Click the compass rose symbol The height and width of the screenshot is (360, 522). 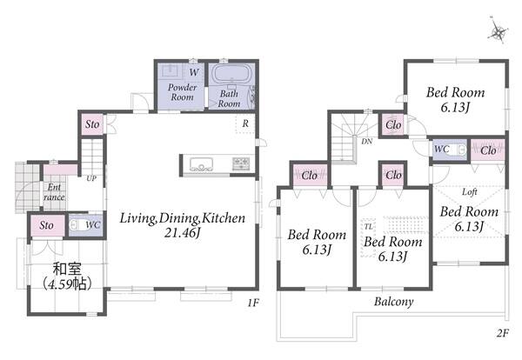[x=498, y=30]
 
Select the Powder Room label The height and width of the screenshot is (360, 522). [x=182, y=92]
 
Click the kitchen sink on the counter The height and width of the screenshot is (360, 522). [x=202, y=164]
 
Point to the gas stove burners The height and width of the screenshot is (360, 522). [x=241, y=163]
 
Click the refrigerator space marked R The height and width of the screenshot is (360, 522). [x=245, y=123]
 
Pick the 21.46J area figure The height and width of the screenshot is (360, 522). [x=183, y=233]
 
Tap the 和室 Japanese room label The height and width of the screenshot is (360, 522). [x=67, y=270]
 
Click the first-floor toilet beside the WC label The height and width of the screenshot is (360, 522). [x=77, y=224]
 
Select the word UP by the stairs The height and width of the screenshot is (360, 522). [x=91, y=178]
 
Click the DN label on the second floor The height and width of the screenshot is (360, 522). [x=367, y=142]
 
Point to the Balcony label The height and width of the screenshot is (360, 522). [x=394, y=302]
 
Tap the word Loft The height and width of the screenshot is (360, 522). [x=470, y=191]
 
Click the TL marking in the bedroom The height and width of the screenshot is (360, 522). [x=369, y=227]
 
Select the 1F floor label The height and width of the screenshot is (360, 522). [x=253, y=303]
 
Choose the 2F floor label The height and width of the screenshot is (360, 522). [x=503, y=333]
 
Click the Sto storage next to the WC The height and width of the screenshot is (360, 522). [x=47, y=225]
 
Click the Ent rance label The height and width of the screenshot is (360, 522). [x=54, y=192]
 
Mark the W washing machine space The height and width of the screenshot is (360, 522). [x=194, y=72]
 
